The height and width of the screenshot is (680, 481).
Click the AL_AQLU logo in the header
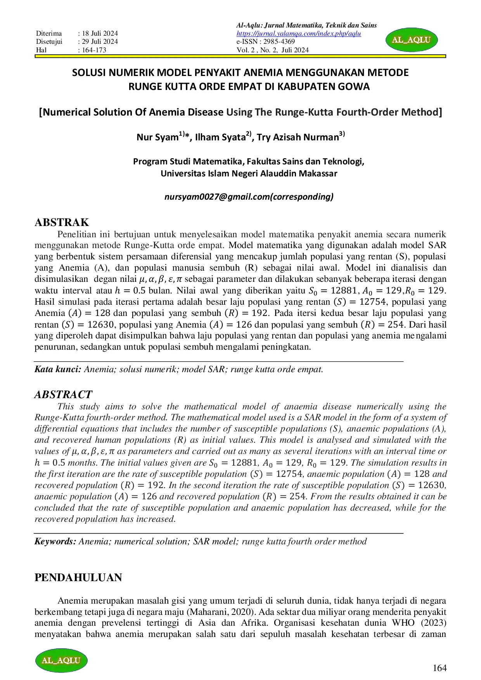(x=412, y=40)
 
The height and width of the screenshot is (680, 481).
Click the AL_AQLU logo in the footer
(x=61, y=660)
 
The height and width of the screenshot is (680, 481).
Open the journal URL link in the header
(x=299, y=34)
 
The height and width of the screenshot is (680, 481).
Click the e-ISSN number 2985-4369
(x=279, y=41)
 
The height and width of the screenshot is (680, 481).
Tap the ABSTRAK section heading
(x=62, y=222)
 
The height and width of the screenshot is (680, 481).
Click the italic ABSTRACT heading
(x=63, y=395)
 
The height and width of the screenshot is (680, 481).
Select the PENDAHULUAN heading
(x=78, y=578)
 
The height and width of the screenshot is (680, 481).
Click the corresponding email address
(x=249, y=197)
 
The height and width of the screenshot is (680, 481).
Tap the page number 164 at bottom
(x=439, y=668)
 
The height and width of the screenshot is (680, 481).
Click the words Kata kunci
(x=58, y=369)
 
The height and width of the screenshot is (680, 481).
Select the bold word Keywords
(x=55, y=542)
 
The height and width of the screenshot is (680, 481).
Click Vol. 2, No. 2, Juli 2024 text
(x=273, y=50)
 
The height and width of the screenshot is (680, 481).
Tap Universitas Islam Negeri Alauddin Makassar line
(x=249, y=173)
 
